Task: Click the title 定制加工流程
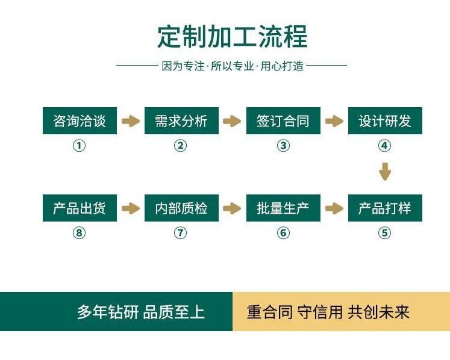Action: pos(232,37)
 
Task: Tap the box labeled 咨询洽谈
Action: pos(80,121)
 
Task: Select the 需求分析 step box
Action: pos(181,121)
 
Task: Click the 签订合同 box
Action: pos(283,121)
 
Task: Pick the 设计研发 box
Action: pos(385,121)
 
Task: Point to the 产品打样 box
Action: pos(385,208)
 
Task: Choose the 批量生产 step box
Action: pos(283,208)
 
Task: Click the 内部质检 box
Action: pos(181,208)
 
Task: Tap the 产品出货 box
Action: pos(80,208)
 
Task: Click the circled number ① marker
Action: pos(79,146)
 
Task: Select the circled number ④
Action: pos(384,146)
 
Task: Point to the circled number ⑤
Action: pos(384,233)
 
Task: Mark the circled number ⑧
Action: pos(79,233)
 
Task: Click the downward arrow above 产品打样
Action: pos(385,172)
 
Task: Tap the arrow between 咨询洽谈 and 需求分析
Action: pos(131,122)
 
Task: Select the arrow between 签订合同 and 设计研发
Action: pos(334,122)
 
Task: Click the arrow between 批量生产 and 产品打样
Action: pos(334,209)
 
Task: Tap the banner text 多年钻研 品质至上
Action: pos(140,312)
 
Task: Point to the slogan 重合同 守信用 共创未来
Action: pos(328,312)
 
